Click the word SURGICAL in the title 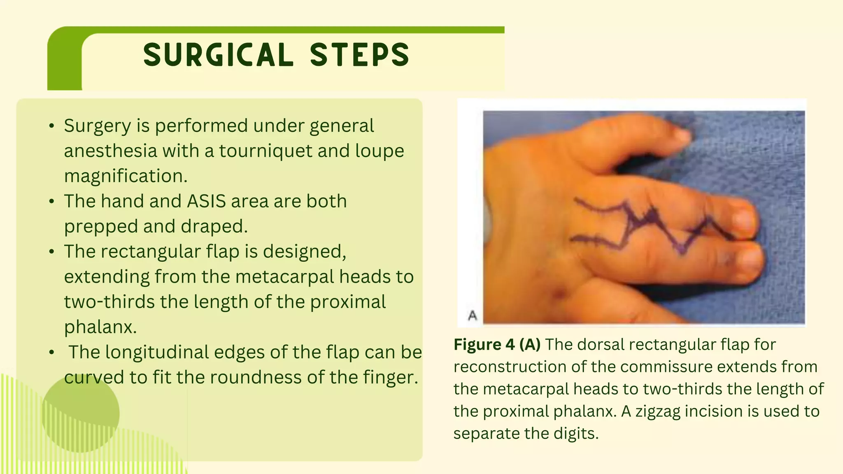tap(218, 55)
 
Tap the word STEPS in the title tap(359, 55)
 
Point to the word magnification tap(126, 176)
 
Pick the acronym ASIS tap(206, 201)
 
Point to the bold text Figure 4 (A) tap(497, 344)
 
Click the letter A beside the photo tap(473, 316)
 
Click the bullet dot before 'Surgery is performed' tap(51, 126)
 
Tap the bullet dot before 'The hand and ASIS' tap(51, 202)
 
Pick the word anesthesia tap(110, 151)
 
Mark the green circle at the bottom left tap(80, 414)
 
